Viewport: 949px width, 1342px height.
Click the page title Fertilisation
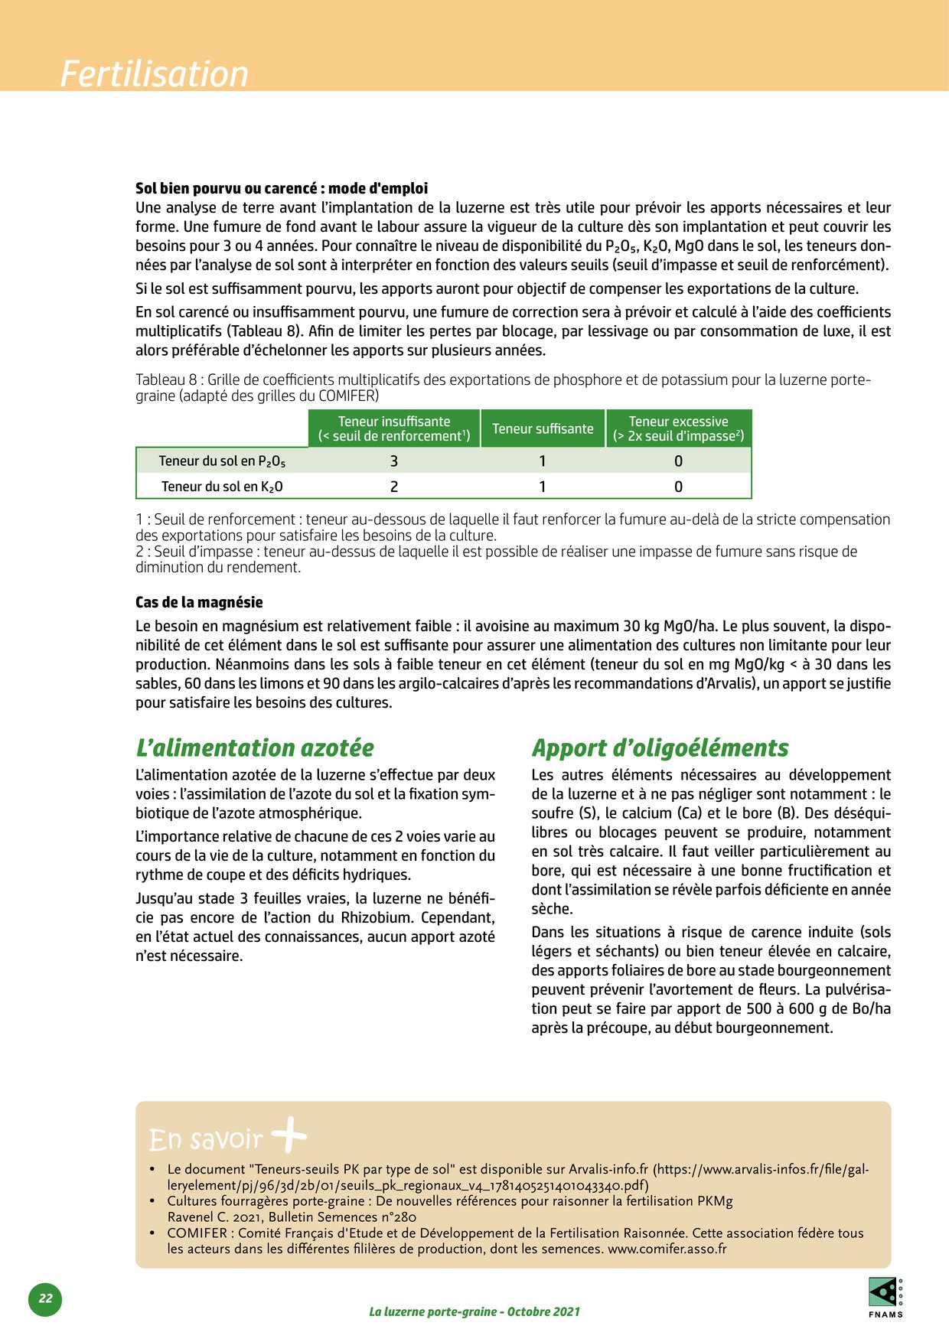(x=155, y=74)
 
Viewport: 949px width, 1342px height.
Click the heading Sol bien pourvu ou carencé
(x=281, y=188)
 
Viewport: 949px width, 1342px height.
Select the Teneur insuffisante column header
(x=394, y=428)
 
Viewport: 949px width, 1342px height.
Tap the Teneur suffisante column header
(x=543, y=428)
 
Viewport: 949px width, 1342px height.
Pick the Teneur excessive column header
(x=678, y=428)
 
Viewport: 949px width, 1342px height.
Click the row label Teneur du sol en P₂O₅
(x=222, y=461)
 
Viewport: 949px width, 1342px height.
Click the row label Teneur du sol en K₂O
(x=222, y=487)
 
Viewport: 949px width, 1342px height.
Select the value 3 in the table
(x=394, y=461)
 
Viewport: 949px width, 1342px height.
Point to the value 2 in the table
(x=394, y=487)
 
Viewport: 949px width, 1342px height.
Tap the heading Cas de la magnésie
(x=199, y=602)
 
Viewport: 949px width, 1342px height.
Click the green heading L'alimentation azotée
(x=255, y=748)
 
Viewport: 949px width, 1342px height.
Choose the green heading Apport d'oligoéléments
(x=660, y=748)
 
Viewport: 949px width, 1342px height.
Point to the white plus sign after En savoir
(x=289, y=1135)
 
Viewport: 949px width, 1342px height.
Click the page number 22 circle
(x=45, y=1298)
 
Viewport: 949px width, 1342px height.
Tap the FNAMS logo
(x=885, y=1296)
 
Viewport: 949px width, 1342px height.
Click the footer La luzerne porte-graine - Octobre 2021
(x=475, y=1311)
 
